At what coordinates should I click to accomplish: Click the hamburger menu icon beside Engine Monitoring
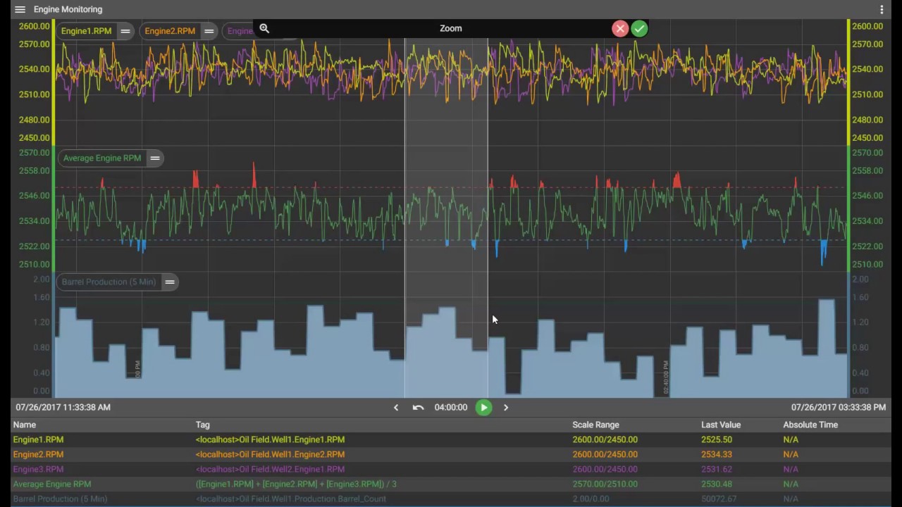click(20, 9)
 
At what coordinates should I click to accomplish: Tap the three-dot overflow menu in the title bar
click(882, 9)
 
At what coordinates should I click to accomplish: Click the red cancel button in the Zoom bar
click(620, 28)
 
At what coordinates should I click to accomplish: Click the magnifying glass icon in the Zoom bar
click(264, 28)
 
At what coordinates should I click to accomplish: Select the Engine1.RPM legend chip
click(86, 31)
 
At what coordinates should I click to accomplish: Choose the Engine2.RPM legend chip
click(170, 31)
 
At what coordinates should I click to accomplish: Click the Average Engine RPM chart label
click(102, 158)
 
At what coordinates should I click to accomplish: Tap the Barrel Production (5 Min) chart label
click(109, 282)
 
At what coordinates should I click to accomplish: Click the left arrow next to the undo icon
click(396, 407)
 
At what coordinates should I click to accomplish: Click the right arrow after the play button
click(506, 407)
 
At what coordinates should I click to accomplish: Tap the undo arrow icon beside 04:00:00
click(418, 407)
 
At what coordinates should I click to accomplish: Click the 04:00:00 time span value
click(451, 407)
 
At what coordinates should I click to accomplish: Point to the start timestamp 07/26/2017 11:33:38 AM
click(63, 407)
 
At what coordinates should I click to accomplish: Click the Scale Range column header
click(595, 425)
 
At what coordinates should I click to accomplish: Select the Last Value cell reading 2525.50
click(716, 439)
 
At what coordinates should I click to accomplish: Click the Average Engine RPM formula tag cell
click(296, 484)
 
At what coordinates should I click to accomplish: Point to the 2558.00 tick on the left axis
click(35, 170)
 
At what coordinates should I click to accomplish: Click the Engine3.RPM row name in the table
click(38, 469)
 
